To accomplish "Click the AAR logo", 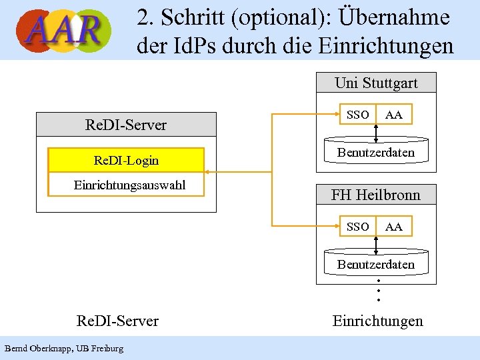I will tap(64, 30).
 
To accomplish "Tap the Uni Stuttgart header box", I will tap(376, 83).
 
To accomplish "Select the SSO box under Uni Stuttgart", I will tap(358, 115).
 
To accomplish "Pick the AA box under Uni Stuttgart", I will tap(394, 115).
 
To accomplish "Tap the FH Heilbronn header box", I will tap(376, 195).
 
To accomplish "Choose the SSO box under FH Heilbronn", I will tap(358, 227).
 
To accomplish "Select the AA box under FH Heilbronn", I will tap(394, 227).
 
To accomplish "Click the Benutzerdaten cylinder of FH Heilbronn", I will tap(376, 264).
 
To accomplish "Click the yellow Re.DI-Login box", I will tap(126, 160).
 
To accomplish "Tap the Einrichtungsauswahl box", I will tap(126, 185).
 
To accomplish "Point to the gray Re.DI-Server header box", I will tap(126, 125).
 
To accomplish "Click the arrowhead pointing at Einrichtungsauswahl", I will tap(207, 172).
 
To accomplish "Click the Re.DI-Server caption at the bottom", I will tap(118, 321).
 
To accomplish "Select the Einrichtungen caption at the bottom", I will tap(377, 321).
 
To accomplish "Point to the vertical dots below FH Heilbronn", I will tap(378, 290).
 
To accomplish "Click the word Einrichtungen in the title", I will tap(387, 46).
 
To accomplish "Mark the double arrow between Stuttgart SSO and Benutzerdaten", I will tap(377, 133).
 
